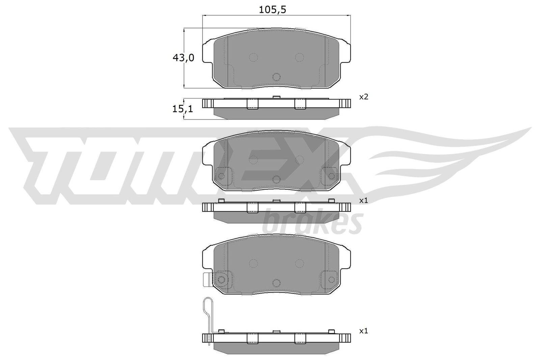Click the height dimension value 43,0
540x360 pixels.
183,58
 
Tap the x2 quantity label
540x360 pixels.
363,97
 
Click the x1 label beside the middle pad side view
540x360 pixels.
363,200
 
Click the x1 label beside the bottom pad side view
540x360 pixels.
363,331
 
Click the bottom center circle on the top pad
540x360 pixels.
276,77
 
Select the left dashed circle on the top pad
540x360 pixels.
253,57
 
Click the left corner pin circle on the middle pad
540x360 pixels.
221,176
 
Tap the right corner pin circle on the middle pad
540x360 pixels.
331,176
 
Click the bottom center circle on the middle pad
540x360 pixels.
276,179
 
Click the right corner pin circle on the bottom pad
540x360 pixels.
331,279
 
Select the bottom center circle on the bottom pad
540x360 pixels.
276,283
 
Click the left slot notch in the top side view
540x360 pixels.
253,104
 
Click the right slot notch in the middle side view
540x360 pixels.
300,207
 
